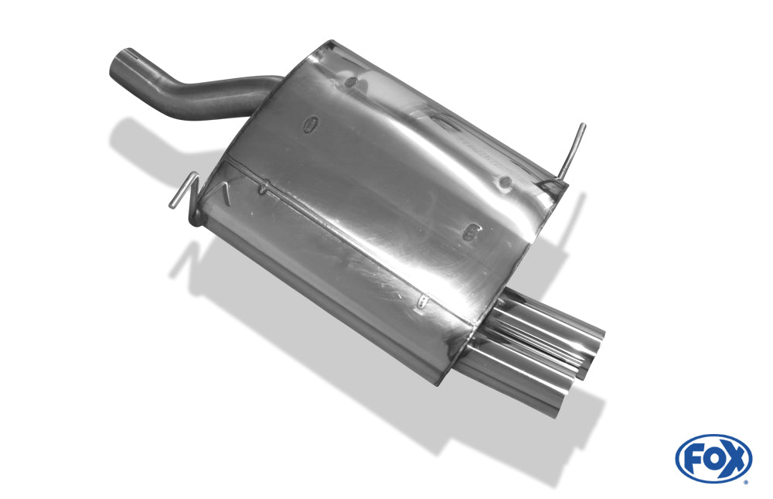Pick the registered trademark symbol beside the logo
[745, 482]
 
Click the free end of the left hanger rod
[172, 205]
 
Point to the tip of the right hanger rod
[583, 125]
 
